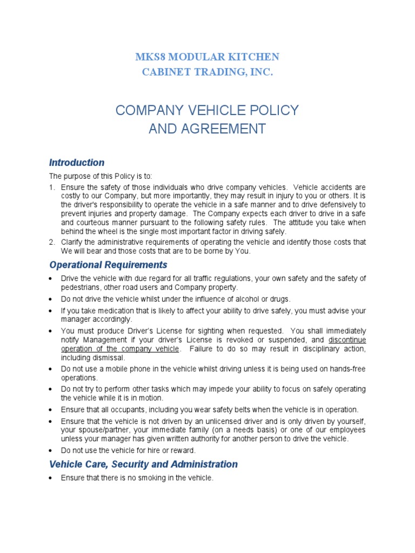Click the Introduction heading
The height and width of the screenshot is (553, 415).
pyautogui.click(x=77, y=163)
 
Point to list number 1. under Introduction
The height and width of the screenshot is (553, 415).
pyautogui.click(x=52, y=187)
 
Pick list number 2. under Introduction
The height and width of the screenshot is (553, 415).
pyautogui.click(x=52, y=242)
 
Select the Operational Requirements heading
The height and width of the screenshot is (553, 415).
pyautogui.click(x=108, y=265)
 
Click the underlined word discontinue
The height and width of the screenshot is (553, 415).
pyautogui.click(x=347, y=340)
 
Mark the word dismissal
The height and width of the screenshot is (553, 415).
pyautogui.click(x=108, y=357)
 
